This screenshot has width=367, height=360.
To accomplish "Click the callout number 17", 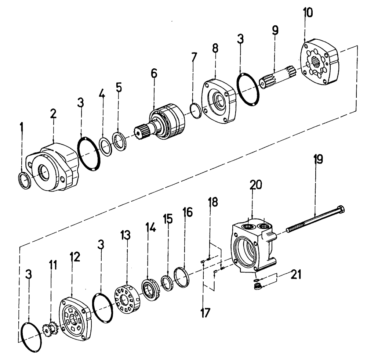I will (204, 313).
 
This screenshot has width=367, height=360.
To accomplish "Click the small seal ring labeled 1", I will (25, 181).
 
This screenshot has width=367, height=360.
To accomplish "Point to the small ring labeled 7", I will (196, 111).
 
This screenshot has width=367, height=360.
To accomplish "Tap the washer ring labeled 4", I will (106, 147).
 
